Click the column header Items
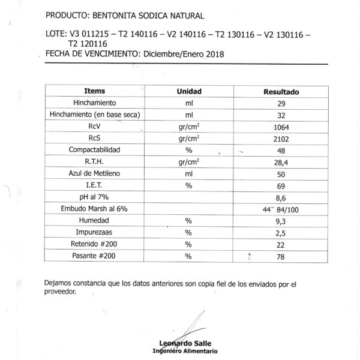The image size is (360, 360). [x=95, y=91]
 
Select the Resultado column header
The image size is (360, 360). [x=281, y=92]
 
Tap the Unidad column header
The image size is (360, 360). [x=188, y=91]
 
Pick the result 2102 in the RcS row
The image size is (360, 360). [x=281, y=138]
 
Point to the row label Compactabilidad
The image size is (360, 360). [x=95, y=149]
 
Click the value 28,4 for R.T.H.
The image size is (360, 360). [x=281, y=161]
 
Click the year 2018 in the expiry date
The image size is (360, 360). [x=214, y=54]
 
